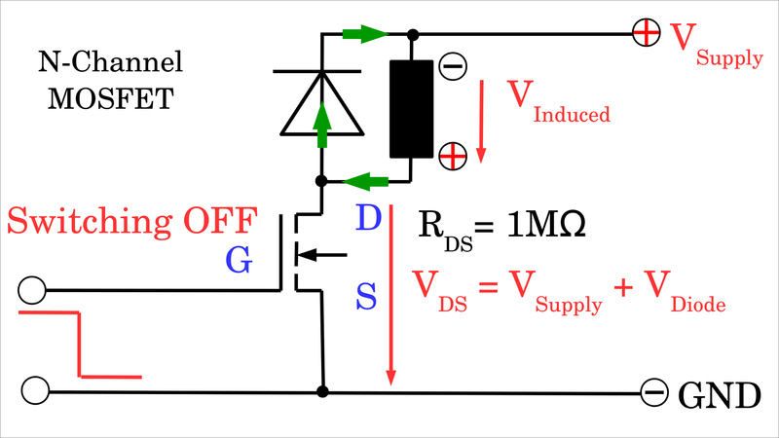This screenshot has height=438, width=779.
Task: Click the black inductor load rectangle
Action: [x=411, y=109]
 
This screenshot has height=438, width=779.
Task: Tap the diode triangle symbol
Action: [x=320, y=103]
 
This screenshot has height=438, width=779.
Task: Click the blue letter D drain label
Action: [x=367, y=219]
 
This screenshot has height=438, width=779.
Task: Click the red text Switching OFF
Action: [x=130, y=221]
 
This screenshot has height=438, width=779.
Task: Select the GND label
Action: [x=719, y=395]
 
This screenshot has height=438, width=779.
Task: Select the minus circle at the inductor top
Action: [x=452, y=66]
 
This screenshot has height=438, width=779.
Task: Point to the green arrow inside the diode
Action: [x=320, y=122]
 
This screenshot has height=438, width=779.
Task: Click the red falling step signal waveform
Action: [x=80, y=345]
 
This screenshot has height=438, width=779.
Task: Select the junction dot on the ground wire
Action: [x=321, y=392]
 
